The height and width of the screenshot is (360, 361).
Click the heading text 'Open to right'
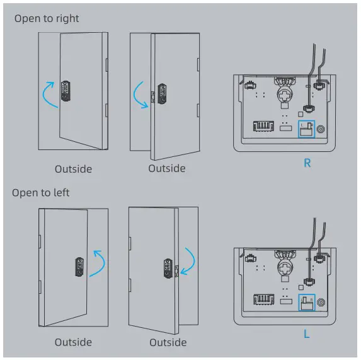[47, 18]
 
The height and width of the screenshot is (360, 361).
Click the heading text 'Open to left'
[41, 192]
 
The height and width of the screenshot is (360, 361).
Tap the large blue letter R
[307, 163]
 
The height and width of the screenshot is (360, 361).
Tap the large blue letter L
[307, 334]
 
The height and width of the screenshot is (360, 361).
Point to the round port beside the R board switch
[322, 129]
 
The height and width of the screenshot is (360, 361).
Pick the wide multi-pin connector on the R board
[263, 127]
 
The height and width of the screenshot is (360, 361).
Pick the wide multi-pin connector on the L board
[263, 299]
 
